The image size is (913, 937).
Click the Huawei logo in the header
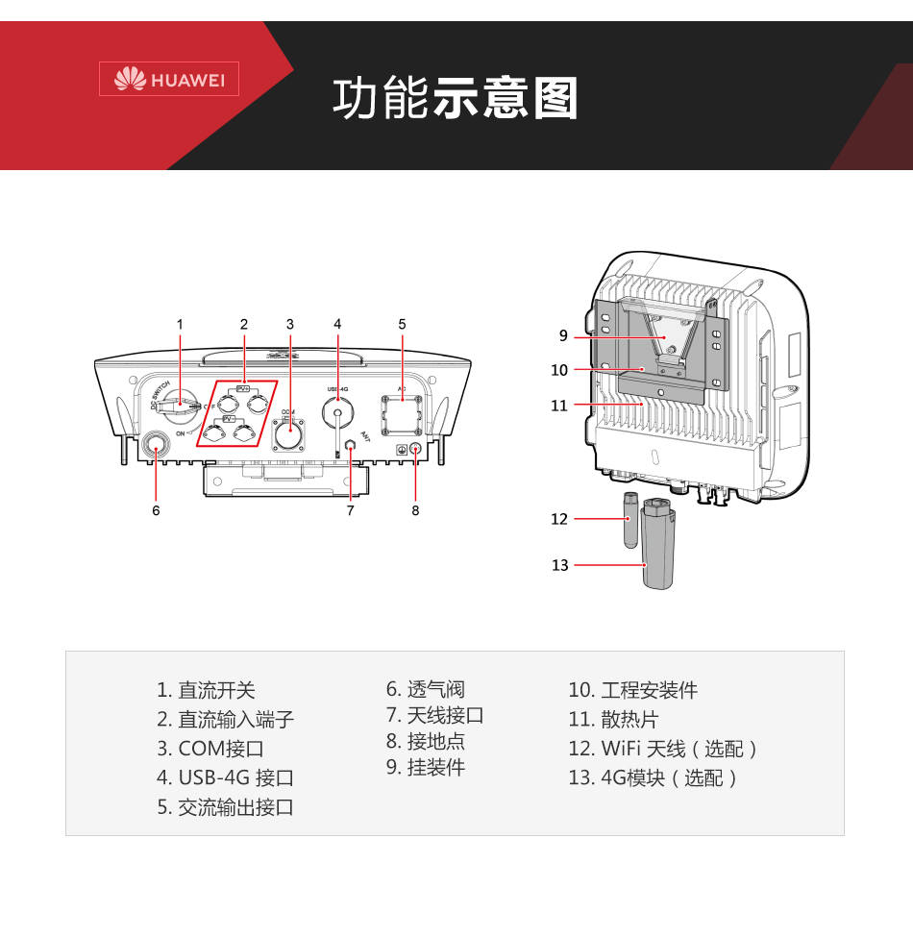click(x=169, y=80)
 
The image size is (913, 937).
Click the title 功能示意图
click(x=456, y=99)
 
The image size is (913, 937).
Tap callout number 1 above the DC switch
click(x=180, y=324)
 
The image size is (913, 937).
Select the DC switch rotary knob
click(x=179, y=407)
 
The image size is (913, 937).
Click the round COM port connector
click(x=288, y=434)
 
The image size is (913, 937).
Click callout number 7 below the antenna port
click(x=351, y=510)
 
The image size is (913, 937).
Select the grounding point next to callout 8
click(x=415, y=449)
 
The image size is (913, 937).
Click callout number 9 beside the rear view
click(x=563, y=335)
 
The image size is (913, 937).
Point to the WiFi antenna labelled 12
click(x=630, y=519)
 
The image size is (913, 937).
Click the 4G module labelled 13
click(x=658, y=557)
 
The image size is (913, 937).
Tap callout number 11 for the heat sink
click(x=559, y=406)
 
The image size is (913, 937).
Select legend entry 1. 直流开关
click(x=207, y=690)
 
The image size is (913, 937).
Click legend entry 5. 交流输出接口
click(x=226, y=807)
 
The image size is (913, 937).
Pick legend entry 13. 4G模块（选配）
click(x=654, y=777)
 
